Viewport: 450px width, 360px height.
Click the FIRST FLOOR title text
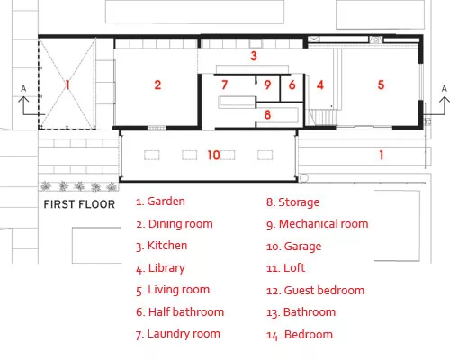coord(79,204)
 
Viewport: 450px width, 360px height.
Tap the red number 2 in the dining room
coord(157,85)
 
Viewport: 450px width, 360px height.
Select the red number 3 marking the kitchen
coord(254,56)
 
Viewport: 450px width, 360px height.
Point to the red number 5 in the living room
coord(381,85)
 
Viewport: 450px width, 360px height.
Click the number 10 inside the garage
coord(214,155)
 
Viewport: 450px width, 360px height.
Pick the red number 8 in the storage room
coord(267,114)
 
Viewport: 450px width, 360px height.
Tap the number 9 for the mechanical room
coord(267,85)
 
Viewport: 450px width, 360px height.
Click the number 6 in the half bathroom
coord(292,85)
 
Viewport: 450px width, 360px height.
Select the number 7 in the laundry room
coord(224,85)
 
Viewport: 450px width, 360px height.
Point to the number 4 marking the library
coord(320,85)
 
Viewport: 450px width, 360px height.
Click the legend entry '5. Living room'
coord(173,290)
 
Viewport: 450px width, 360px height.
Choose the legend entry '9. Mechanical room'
coord(318,224)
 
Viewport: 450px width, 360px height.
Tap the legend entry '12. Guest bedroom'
coord(316,291)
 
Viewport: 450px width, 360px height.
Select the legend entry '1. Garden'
coord(160,202)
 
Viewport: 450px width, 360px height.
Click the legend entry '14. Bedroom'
coord(300,335)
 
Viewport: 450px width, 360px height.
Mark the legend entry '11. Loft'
coord(285,268)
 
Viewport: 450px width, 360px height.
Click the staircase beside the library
coord(322,117)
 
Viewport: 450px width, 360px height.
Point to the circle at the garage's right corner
coord(304,178)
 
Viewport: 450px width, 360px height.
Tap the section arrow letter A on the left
coord(23,89)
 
